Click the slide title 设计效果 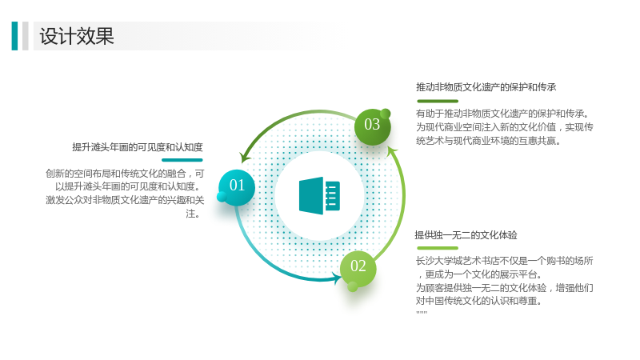(77, 36)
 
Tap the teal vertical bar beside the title (14, 36)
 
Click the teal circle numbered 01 (237, 187)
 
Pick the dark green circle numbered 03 (372, 126)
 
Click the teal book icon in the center (319, 195)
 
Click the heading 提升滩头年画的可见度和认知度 (138, 147)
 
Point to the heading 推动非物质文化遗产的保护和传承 (486, 87)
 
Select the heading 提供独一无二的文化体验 (466, 235)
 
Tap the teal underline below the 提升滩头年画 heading (182, 160)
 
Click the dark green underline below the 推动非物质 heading (438, 101)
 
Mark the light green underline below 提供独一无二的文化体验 (438, 248)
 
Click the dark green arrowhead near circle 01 (245, 157)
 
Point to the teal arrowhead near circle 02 (338, 278)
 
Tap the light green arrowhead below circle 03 (392, 151)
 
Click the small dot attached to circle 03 (386, 114)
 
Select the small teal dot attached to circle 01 (222, 197)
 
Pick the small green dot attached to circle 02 (353, 287)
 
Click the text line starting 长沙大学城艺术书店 (505, 261)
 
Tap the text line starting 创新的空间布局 (125, 174)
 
